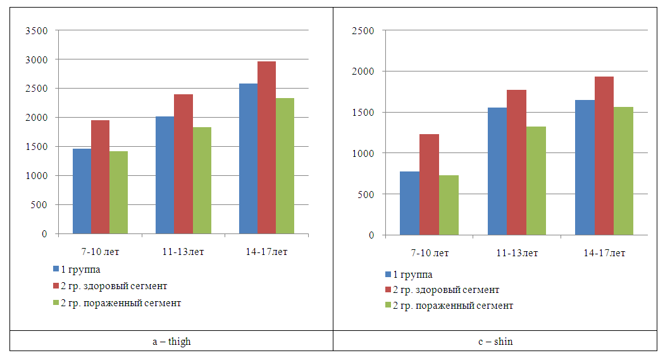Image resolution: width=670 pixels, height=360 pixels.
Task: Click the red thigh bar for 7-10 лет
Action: coord(100,177)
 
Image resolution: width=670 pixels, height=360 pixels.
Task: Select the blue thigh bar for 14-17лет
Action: coord(248,158)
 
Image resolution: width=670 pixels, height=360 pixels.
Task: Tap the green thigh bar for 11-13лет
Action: coord(202,180)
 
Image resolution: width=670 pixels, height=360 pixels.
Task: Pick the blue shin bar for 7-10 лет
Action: coord(409,203)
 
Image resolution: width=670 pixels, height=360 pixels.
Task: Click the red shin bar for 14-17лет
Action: coord(604,156)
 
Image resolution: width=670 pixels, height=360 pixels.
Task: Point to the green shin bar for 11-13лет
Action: coord(536,180)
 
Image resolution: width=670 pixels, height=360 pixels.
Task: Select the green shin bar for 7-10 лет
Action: coord(449,205)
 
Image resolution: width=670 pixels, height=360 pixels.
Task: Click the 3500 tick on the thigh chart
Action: coord(37,30)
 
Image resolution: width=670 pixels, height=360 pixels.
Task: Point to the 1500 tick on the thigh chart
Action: coord(37,147)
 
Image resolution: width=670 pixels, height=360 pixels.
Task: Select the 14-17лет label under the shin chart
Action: coord(604,253)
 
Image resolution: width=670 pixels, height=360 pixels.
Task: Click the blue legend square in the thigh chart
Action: coord(56,271)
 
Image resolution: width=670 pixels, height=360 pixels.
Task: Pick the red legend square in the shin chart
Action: coord(388,290)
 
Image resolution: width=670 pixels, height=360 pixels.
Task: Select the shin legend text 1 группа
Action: coord(413,275)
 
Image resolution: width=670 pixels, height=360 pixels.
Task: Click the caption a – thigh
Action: coord(171,342)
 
